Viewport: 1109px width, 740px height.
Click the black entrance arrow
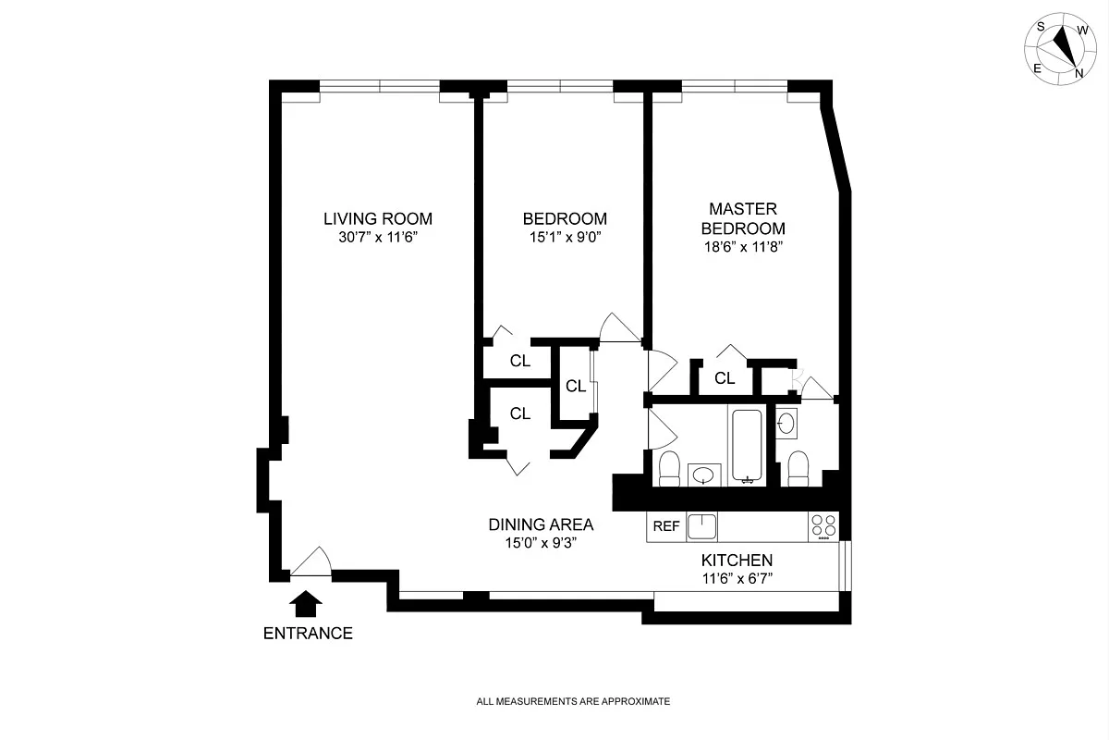click(x=306, y=605)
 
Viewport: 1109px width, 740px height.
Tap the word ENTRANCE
click(x=308, y=634)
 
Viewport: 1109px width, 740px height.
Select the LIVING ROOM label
click(x=378, y=219)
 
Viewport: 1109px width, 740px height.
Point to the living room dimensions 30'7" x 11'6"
click(x=378, y=238)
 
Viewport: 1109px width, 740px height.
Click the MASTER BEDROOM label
click(x=743, y=218)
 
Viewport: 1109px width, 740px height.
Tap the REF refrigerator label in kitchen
click(x=666, y=526)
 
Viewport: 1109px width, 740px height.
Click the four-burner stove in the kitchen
click(x=823, y=526)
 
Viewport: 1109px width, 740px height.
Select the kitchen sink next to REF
click(x=701, y=526)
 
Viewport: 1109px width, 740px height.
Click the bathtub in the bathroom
click(x=746, y=447)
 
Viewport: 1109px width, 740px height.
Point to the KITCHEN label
click(x=737, y=561)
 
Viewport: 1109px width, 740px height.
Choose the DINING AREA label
click(x=541, y=524)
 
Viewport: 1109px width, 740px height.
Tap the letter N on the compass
click(x=1079, y=72)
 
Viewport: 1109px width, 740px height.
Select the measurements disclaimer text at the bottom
click(x=572, y=702)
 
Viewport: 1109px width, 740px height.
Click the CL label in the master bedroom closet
click(x=725, y=377)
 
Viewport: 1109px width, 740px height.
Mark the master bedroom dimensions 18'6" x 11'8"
click(x=743, y=247)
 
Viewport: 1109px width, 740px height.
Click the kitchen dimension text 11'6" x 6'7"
click(x=737, y=579)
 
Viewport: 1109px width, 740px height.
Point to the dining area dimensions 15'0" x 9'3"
click(x=541, y=543)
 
